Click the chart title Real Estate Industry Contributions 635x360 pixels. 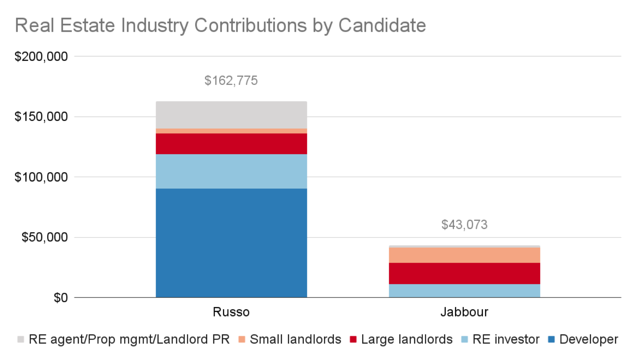220,26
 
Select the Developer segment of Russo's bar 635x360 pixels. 231,243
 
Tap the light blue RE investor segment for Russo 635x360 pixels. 231,171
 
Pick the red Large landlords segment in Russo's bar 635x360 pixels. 231,144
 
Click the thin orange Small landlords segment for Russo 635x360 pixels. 231,131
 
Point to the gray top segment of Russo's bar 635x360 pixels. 231,115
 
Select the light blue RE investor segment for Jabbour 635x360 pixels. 464,291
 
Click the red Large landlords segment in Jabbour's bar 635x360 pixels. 464,273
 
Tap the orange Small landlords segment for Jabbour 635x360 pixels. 464,255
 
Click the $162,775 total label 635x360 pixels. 231,80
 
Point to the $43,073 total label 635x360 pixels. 464,225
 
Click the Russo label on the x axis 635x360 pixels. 231,312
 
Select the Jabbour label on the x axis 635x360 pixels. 464,312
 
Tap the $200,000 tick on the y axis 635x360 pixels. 41,56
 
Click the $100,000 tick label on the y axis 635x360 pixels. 41,177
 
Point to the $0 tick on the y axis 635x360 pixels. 60,298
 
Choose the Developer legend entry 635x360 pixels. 588,339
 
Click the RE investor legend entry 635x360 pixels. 505,339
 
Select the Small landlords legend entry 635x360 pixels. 295,339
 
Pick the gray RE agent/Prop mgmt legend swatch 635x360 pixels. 21,339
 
